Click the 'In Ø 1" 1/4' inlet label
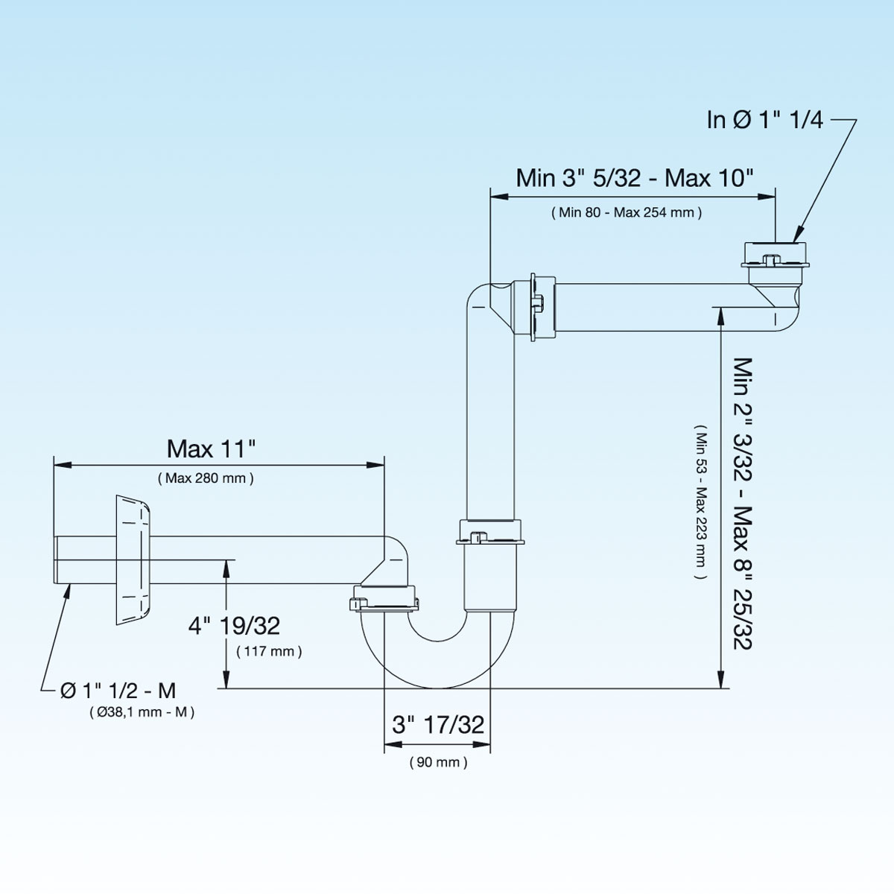pyautogui.click(x=764, y=120)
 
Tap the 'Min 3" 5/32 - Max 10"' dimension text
pyautogui.click(x=635, y=178)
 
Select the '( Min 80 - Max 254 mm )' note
pyautogui.click(x=627, y=213)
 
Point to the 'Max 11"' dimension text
pyautogui.click(x=212, y=448)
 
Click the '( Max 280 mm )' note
pyautogui.click(x=206, y=478)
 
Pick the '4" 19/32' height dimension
pyautogui.click(x=234, y=625)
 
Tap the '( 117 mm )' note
pyautogui.click(x=269, y=652)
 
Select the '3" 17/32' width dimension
pyautogui.click(x=438, y=724)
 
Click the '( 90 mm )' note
pyautogui.click(x=439, y=763)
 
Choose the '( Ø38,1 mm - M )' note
pyautogui.click(x=142, y=713)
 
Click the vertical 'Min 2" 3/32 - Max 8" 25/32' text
pyautogui.click(x=744, y=503)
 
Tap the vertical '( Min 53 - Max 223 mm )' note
pyautogui.click(x=700, y=503)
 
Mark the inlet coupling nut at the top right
pyautogui.click(x=774, y=253)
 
